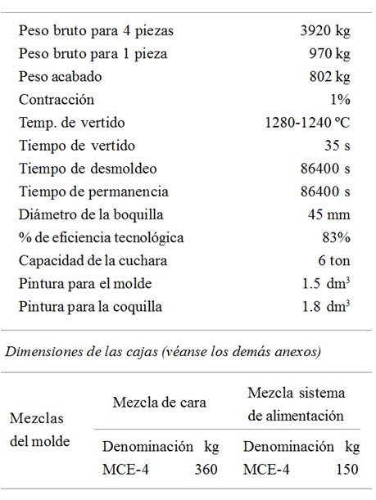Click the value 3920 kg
(325, 31)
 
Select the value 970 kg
(330, 54)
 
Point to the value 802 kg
(329, 77)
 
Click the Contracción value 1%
(340, 100)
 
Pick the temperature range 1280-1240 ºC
(307, 123)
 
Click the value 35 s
(337, 146)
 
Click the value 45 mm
(329, 215)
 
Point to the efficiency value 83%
(336, 238)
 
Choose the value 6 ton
(333, 261)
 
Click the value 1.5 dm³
(327, 284)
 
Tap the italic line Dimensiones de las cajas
(163, 352)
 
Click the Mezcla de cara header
(159, 402)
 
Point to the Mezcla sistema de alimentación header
(296, 404)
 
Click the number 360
(206, 470)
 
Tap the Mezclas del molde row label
(39, 430)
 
